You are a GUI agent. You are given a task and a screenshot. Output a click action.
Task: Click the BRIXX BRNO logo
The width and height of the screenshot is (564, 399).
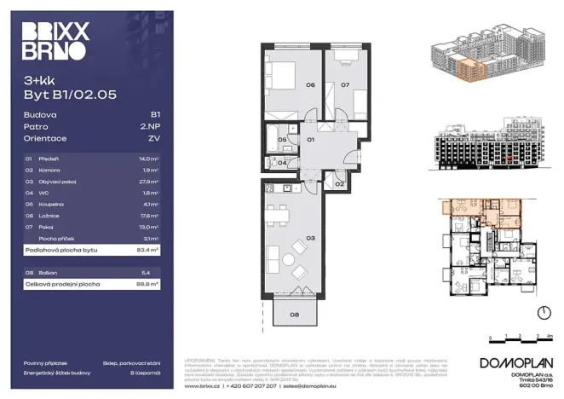53,41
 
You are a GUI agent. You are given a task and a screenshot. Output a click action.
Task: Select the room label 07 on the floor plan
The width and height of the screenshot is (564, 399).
346,85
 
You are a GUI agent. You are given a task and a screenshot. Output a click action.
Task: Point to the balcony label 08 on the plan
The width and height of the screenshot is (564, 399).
294,315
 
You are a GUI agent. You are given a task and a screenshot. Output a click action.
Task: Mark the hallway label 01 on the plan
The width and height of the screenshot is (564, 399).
311,138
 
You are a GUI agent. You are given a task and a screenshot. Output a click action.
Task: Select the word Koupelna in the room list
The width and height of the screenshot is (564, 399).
52,205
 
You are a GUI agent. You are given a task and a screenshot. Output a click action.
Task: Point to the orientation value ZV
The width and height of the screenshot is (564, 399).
154,137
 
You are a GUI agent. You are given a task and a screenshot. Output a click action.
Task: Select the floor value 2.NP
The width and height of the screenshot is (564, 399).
151,125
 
